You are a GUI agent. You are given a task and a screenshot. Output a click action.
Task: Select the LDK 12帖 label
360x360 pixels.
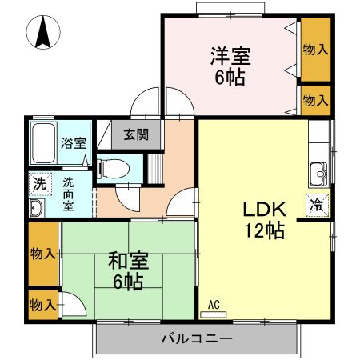(x=264, y=219)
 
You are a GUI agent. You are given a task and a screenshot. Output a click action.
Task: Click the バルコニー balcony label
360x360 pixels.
(x=197, y=338)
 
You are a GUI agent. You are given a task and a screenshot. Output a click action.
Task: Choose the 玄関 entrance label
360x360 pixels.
(x=135, y=134)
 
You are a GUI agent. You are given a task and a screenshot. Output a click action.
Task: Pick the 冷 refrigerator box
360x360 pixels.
(x=317, y=203)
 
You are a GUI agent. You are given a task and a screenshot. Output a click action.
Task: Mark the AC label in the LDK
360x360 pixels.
(x=214, y=305)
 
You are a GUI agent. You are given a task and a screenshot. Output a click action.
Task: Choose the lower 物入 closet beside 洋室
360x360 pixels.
(x=315, y=100)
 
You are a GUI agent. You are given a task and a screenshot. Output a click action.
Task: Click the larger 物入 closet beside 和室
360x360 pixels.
(x=42, y=254)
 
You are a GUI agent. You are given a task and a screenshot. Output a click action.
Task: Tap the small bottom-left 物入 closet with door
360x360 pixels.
(x=42, y=304)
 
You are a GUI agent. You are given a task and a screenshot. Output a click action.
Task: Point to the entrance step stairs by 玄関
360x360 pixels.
(x=155, y=169)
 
